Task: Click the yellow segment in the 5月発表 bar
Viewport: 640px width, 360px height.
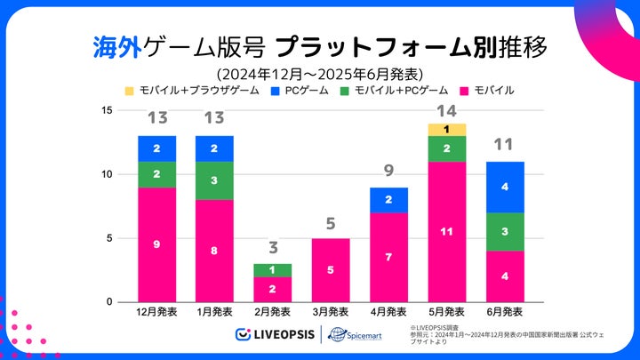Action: click(446, 130)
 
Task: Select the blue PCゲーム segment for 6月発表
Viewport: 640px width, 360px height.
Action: click(505, 188)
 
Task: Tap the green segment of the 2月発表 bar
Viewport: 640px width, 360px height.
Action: click(272, 270)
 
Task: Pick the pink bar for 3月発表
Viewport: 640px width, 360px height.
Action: click(331, 270)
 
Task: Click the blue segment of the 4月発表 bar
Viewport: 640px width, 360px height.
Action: click(388, 200)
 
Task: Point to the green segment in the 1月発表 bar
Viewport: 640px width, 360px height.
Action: click(214, 180)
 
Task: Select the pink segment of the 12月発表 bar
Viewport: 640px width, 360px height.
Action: click(156, 244)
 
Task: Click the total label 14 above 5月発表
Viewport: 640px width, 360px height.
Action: click(446, 112)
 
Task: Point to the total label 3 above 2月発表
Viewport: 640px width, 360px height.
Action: click(272, 248)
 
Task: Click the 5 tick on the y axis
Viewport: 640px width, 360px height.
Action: click(108, 238)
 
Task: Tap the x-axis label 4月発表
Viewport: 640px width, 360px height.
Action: click(388, 313)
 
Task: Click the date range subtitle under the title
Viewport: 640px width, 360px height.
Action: click(319, 72)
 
